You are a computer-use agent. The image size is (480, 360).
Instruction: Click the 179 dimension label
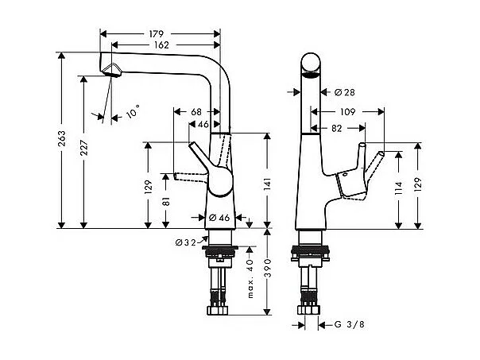pos(156,33)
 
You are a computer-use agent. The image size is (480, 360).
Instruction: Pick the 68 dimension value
pos(195,112)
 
